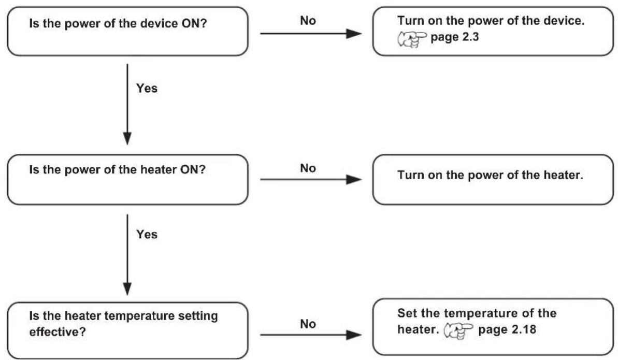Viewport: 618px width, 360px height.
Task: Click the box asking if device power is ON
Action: [128, 31]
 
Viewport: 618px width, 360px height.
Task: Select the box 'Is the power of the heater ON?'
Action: [128, 179]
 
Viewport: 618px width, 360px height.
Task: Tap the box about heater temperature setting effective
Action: [128, 330]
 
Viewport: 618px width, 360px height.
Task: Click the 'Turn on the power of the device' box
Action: [493, 31]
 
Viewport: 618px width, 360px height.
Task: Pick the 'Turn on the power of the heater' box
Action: [493, 179]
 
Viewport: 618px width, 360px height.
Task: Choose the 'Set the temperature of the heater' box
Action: [493, 327]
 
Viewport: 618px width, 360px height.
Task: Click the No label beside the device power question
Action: [308, 21]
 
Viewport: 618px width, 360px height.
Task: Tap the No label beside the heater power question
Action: [308, 168]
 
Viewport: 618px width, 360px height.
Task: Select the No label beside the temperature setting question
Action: [308, 324]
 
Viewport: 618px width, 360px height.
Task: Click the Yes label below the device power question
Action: [147, 88]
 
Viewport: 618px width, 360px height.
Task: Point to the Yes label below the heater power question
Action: [147, 234]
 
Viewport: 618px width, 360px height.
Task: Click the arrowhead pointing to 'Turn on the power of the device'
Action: [354, 34]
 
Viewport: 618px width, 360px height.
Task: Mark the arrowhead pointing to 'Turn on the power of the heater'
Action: [354, 179]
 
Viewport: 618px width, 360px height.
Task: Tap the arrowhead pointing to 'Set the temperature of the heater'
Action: [354, 335]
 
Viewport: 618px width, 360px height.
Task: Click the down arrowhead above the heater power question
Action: [127, 138]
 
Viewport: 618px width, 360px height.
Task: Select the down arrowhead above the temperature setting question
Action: [127, 289]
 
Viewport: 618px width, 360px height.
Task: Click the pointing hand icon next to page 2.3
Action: [412, 39]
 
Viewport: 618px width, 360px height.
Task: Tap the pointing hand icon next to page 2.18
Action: [458, 331]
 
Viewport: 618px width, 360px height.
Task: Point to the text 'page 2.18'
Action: [507, 329]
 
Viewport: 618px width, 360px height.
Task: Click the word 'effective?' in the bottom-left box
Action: [58, 332]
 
